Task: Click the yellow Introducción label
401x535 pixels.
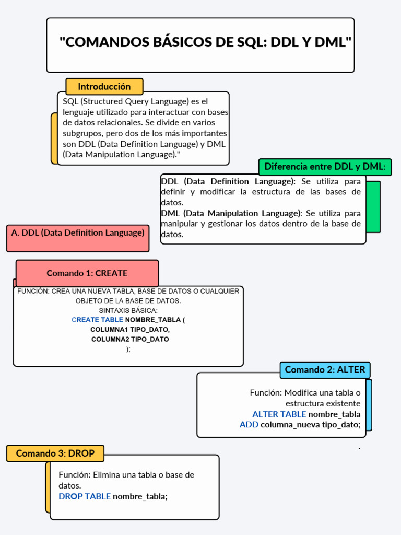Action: (104, 86)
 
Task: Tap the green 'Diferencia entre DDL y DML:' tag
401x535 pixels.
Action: (325, 167)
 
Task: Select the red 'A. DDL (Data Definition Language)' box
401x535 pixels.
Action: (78, 233)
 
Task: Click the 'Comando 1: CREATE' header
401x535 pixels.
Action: (87, 273)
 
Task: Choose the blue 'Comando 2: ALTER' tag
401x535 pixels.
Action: (325, 370)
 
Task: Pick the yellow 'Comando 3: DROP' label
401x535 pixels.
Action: (55, 453)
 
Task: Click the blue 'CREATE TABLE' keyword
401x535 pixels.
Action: (97, 320)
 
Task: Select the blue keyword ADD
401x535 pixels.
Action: (249, 425)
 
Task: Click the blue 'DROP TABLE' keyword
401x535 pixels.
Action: (85, 496)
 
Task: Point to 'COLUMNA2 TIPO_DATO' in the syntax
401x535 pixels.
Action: (130, 340)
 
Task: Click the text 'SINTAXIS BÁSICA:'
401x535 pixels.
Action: (128, 310)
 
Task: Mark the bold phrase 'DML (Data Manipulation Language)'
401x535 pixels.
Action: (231, 213)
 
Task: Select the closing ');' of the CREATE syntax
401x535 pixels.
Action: (128, 350)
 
